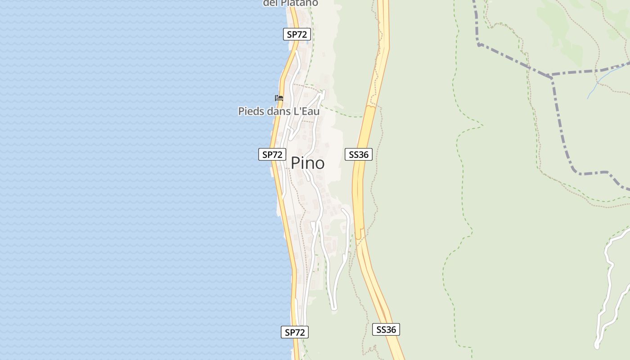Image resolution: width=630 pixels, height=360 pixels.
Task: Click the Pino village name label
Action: tap(308, 163)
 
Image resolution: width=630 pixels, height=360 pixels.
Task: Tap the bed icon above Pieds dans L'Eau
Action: tap(279, 98)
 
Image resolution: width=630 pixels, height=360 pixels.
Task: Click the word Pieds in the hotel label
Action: tap(251, 111)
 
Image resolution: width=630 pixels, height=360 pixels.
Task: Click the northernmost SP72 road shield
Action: tap(297, 34)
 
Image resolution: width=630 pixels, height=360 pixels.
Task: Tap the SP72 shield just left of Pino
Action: tap(272, 154)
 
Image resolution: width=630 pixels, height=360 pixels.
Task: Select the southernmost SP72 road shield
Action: tap(295, 332)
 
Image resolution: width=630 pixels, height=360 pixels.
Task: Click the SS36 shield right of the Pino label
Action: tap(359, 154)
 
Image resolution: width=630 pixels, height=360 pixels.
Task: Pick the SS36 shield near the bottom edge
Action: tap(386, 329)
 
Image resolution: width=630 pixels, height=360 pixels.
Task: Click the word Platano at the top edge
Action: tap(299, 3)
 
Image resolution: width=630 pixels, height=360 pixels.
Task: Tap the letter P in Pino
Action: tap(296, 163)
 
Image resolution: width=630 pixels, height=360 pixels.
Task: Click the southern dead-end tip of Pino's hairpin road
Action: tap(334, 309)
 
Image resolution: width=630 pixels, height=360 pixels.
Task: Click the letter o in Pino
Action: tap(319, 164)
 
